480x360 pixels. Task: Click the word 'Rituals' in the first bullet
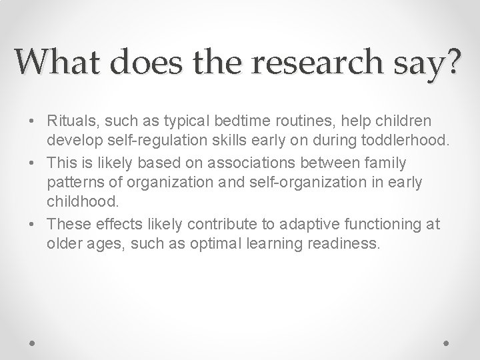pyautogui.click(x=69, y=121)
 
